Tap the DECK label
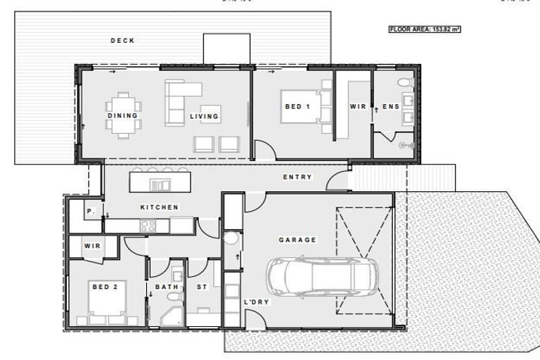point(122,41)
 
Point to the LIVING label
point(204,116)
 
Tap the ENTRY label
point(297,177)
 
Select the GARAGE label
point(297,240)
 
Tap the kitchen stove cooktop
point(148,226)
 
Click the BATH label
point(167,287)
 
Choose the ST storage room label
point(202,287)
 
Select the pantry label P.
point(91,210)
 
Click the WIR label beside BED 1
point(358,107)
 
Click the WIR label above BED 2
point(92,246)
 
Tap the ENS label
point(390,107)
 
